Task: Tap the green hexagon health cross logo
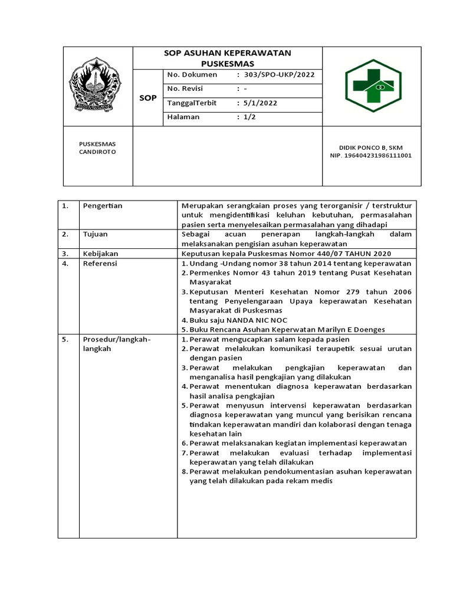pyautogui.click(x=373, y=86)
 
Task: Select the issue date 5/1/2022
pyautogui.click(x=260, y=103)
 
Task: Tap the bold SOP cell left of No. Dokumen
pyautogui.click(x=147, y=98)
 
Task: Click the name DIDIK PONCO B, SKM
pyautogui.click(x=370, y=147)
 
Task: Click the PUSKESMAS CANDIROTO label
pyautogui.click(x=98, y=147)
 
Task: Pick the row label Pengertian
pyautogui.click(x=102, y=206)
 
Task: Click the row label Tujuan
pyautogui.click(x=95, y=234)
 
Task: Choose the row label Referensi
pyautogui.click(x=100, y=263)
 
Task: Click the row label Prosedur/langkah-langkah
pyautogui.click(x=117, y=344)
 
